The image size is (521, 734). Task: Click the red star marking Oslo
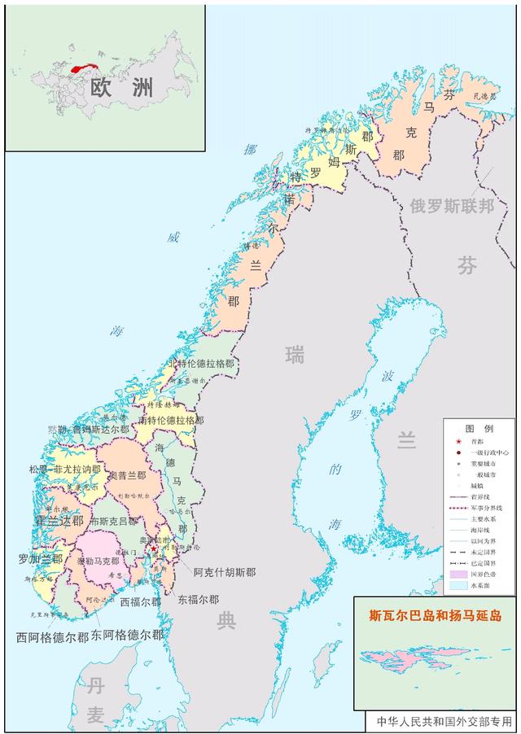[154, 549]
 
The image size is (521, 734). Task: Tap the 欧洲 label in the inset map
[109, 88]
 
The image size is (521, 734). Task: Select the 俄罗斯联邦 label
[452, 206]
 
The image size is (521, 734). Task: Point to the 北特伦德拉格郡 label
[200, 364]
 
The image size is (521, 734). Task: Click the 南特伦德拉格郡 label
[171, 421]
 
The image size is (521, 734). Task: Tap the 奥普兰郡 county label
[127, 476]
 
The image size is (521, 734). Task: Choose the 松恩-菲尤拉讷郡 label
[64, 470]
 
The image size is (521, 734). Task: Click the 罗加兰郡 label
[40, 559]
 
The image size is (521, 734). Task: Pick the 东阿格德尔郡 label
[127, 634]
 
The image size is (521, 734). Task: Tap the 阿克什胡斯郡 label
[225, 572]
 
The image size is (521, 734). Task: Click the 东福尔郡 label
[198, 599]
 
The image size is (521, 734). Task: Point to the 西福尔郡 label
[140, 602]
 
